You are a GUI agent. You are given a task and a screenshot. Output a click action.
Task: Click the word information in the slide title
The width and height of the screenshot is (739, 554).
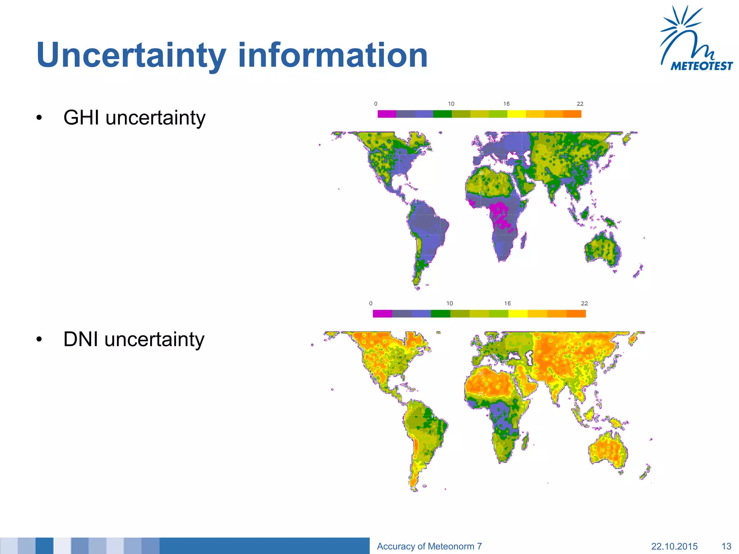pyautogui.click(x=332, y=55)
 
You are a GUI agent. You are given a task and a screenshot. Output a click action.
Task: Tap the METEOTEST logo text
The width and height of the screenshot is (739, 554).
pyautogui.click(x=701, y=66)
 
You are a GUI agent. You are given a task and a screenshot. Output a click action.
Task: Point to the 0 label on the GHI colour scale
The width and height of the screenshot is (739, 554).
pyautogui.click(x=376, y=104)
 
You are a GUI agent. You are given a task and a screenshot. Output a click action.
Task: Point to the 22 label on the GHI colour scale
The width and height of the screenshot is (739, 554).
pyautogui.click(x=580, y=104)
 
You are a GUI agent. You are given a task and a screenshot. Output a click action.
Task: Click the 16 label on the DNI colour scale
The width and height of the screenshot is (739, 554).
pyautogui.click(x=507, y=303)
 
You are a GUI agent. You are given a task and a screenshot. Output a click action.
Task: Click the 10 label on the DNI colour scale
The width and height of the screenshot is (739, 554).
pyautogui.click(x=450, y=303)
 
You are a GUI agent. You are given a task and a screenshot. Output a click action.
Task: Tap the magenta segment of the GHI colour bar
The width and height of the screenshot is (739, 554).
pyautogui.click(x=387, y=114)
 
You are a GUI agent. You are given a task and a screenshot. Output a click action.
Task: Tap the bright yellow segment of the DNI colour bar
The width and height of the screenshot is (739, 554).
pyautogui.click(x=518, y=314)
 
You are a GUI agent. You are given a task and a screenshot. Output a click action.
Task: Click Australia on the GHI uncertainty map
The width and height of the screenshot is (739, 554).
pyautogui.click(x=602, y=249)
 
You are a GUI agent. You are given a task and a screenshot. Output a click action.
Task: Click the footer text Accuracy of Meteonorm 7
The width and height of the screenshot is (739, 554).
pyautogui.click(x=429, y=546)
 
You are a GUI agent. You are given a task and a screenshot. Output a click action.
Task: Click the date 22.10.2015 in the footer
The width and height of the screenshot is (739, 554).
pyautogui.click(x=674, y=546)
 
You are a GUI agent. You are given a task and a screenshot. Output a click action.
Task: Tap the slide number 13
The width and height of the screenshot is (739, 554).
pyautogui.click(x=726, y=546)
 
